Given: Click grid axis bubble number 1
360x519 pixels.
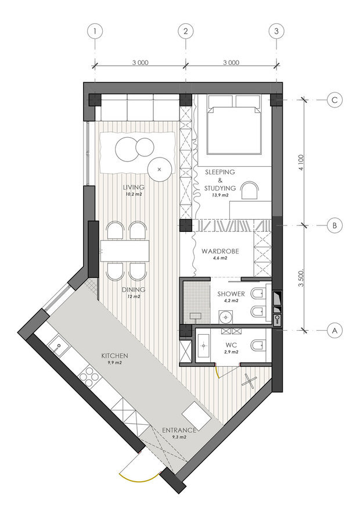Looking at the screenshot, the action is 95,31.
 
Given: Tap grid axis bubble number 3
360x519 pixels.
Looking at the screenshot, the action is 276,31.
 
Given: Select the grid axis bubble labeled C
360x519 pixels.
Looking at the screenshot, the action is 334,100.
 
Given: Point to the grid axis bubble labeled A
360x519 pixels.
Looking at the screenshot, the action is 334,330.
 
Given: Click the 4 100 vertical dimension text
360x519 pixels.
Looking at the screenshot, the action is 301,163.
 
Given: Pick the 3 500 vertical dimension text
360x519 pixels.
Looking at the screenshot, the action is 301,278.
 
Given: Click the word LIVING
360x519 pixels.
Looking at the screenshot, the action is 134,187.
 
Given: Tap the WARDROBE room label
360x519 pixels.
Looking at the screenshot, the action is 220,251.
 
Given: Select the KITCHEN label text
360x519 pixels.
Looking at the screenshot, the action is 114,356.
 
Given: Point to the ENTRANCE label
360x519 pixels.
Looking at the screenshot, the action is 179,430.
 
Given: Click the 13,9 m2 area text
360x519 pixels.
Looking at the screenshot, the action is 220,195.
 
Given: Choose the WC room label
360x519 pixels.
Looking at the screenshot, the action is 232,345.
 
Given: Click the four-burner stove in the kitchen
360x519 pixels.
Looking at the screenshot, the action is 90,377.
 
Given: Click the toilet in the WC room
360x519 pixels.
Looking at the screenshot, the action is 259,345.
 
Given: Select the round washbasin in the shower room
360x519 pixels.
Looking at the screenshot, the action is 226,317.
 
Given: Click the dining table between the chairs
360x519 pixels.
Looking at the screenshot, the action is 125,250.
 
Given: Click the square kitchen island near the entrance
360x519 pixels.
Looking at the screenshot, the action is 196,416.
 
